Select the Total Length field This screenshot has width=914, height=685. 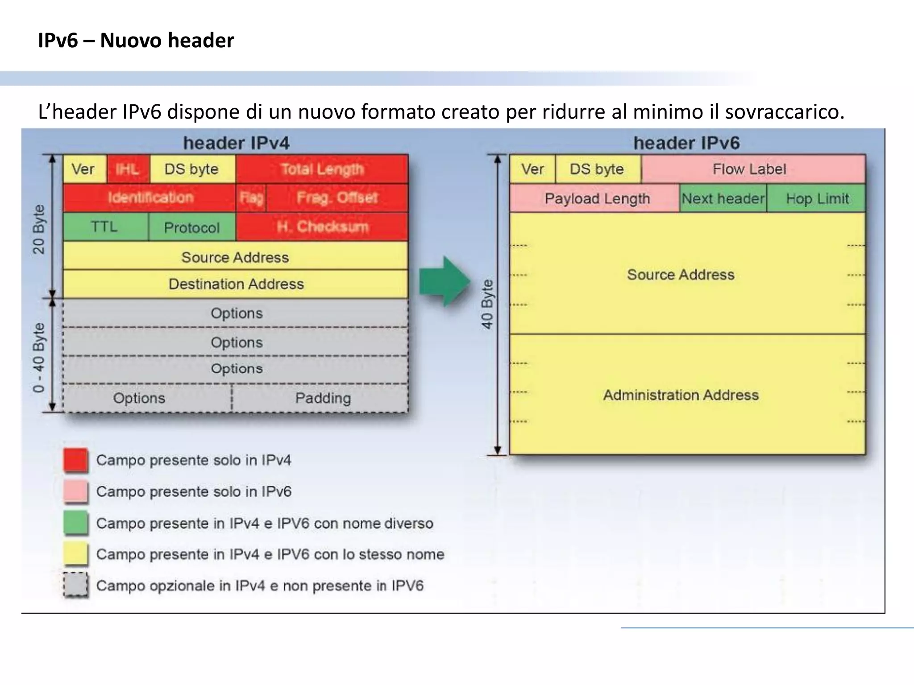click(322, 169)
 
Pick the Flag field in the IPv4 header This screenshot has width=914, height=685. click(251, 198)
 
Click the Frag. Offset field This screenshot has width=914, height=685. click(337, 198)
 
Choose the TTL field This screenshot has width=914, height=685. click(105, 227)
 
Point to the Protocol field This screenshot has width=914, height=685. click(191, 227)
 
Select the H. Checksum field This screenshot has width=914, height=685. click(322, 227)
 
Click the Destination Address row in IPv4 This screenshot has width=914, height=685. click(236, 284)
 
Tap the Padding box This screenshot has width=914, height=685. click(322, 398)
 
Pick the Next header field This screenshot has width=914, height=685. click(723, 198)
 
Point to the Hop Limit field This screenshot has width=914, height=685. click(817, 198)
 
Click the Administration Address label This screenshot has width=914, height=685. click(681, 395)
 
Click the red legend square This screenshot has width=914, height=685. click(75, 460)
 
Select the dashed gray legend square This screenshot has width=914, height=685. click(75, 585)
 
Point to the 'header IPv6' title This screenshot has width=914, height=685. click(686, 143)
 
